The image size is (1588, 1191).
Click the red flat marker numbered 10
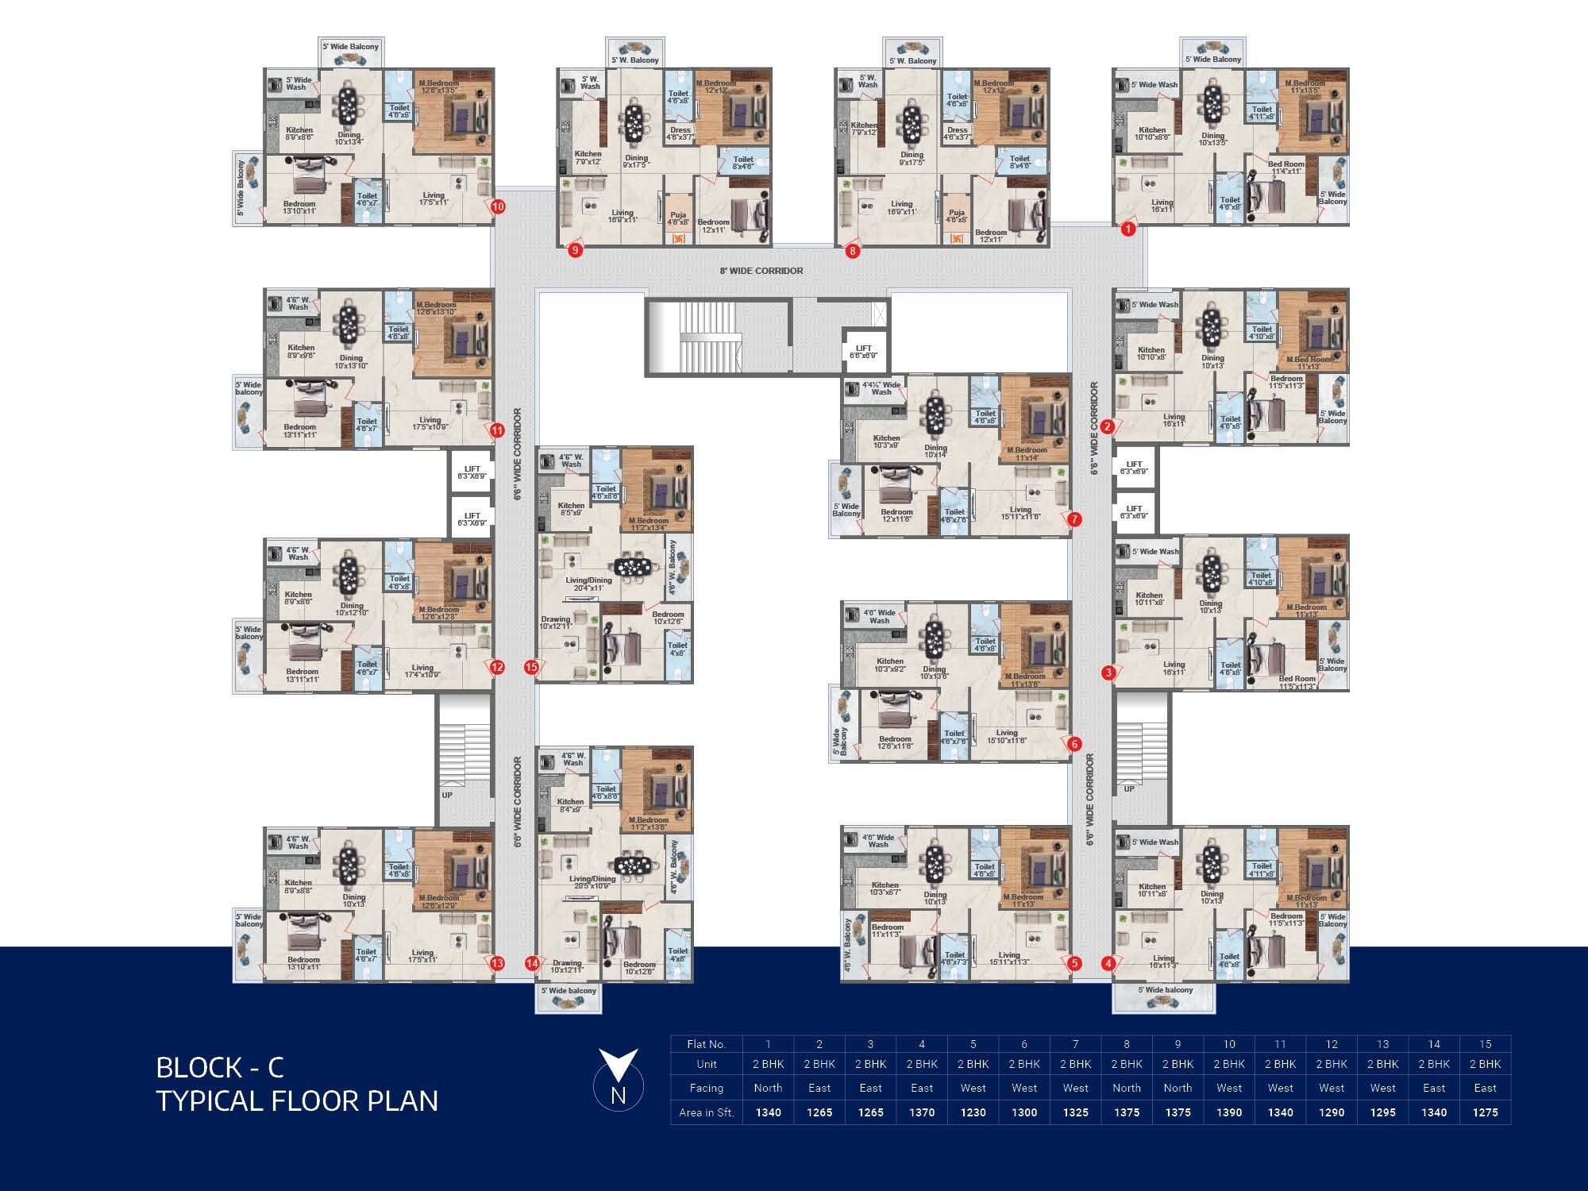click(498, 207)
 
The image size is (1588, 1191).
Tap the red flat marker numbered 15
click(531, 668)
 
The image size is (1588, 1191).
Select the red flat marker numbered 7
click(1074, 520)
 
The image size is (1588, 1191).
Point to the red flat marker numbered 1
click(1128, 229)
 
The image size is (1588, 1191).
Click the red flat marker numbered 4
click(1108, 964)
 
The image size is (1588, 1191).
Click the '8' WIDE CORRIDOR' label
click(761, 271)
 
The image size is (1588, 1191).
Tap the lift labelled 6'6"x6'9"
click(863, 352)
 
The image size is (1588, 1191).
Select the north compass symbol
click(618, 1079)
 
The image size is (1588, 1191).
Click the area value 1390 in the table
click(1229, 1112)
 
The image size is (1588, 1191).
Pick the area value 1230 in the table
click(973, 1112)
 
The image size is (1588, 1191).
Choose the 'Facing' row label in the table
click(706, 1088)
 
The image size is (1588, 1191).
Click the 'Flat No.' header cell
click(706, 1044)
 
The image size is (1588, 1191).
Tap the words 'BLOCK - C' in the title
click(220, 1067)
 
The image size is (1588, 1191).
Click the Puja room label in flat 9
click(678, 218)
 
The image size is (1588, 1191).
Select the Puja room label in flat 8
click(957, 216)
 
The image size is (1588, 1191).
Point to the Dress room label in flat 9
click(680, 133)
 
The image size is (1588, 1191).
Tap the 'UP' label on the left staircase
click(447, 795)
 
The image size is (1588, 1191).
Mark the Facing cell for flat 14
click(1434, 1088)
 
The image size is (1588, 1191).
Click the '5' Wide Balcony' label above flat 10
click(350, 47)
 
